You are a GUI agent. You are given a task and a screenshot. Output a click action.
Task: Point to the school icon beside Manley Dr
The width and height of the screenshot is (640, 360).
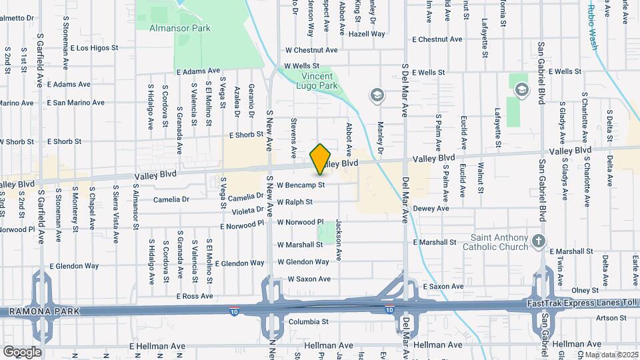point(377,96)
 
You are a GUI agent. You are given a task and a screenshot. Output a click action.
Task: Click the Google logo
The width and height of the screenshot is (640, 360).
point(22,351)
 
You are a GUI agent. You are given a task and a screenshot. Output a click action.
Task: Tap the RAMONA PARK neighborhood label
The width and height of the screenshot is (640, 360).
point(40,311)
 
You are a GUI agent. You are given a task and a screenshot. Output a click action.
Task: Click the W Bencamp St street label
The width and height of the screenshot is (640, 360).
point(301,185)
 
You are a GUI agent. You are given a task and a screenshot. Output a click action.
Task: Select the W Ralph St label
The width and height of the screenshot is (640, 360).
point(295,202)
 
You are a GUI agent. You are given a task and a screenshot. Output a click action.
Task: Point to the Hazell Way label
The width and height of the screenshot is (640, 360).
point(367,33)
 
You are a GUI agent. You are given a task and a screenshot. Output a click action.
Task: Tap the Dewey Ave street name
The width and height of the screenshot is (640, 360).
point(431,209)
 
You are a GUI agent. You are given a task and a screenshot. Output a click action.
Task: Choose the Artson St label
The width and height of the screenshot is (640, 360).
point(609,318)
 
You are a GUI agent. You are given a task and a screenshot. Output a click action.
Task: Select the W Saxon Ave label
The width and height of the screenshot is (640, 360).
point(309,279)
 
